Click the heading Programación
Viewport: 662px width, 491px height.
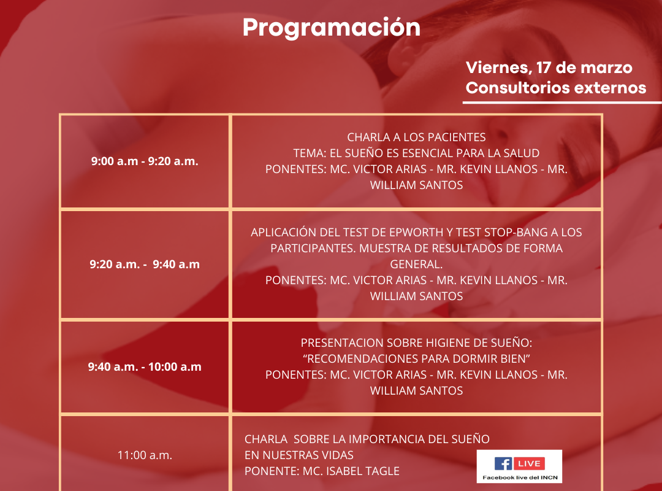click(x=332, y=28)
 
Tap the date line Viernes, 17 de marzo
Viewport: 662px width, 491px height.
click(x=549, y=68)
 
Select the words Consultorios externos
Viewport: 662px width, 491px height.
click(x=556, y=88)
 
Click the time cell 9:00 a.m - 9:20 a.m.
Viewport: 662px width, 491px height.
click(x=145, y=161)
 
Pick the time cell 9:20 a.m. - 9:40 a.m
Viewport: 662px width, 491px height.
click(x=145, y=265)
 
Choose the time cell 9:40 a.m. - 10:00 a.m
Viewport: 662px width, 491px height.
click(x=145, y=366)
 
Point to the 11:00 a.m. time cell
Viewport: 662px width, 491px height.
click(x=145, y=455)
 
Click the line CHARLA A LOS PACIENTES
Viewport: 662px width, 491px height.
click(x=416, y=137)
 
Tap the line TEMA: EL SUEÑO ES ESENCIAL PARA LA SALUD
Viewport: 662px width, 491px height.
click(x=416, y=153)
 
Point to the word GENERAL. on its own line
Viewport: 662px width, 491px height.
click(x=416, y=265)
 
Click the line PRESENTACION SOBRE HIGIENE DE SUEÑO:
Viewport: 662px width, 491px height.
click(x=416, y=342)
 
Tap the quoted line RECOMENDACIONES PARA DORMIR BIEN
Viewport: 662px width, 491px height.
click(x=416, y=358)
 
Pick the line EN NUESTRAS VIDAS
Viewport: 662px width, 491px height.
click(x=299, y=455)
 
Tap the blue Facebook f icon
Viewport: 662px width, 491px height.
click(x=503, y=463)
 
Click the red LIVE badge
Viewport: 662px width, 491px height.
click(x=529, y=463)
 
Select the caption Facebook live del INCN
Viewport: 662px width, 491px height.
click(x=520, y=477)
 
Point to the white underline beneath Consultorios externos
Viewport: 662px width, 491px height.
click(x=562, y=102)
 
